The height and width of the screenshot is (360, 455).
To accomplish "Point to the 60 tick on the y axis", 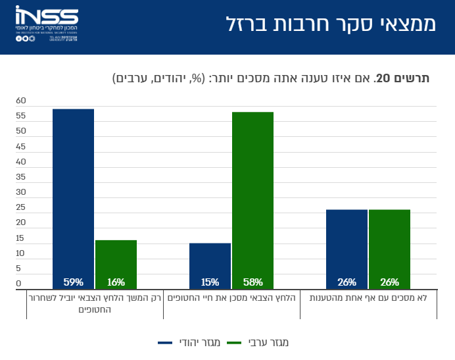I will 21,101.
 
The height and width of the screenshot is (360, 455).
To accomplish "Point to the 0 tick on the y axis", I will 19,284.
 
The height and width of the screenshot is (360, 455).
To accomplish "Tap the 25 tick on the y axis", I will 21,207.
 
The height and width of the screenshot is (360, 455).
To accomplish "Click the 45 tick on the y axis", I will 21,146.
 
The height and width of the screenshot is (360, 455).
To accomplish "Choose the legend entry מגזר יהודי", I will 190,343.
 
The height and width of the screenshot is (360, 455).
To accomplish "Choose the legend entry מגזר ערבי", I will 268,343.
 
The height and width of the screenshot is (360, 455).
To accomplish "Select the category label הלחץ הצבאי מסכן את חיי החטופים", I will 231,298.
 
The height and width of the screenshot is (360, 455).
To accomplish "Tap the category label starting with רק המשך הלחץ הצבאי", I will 95,303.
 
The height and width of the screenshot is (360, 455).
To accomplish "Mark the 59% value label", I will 73,282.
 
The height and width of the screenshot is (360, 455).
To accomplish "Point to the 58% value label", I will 252,282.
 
